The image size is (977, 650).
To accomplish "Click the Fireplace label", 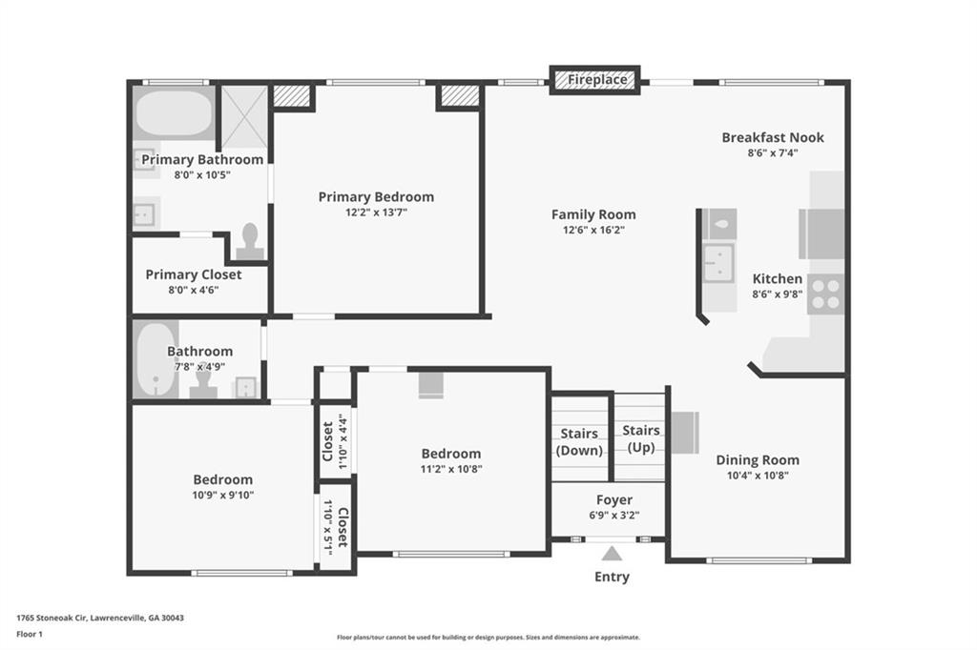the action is pyautogui.click(x=597, y=80).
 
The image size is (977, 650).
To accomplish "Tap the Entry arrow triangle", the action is pyautogui.click(x=612, y=554).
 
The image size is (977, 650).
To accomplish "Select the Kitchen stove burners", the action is pyautogui.click(x=825, y=294).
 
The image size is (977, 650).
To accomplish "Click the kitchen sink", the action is pyautogui.click(x=718, y=263).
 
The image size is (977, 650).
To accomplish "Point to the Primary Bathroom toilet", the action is pyautogui.click(x=250, y=241).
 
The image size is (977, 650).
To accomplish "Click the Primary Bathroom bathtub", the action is pyautogui.click(x=174, y=113).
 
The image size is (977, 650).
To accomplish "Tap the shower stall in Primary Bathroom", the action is pyautogui.click(x=244, y=117).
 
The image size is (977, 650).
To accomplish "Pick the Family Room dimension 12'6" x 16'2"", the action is pyautogui.click(x=593, y=230).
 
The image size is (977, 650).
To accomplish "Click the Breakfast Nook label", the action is pyautogui.click(x=773, y=137).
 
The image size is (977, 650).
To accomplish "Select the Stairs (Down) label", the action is pyautogui.click(x=579, y=442).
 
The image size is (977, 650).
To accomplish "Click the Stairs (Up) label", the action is pyautogui.click(x=640, y=438).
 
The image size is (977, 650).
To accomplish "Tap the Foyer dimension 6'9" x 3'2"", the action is pyautogui.click(x=614, y=515).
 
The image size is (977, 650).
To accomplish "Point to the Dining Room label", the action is pyautogui.click(x=758, y=460).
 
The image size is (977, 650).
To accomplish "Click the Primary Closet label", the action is pyautogui.click(x=193, y=274).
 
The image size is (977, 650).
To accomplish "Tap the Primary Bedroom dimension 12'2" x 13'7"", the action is pyautogui.click(x=376, y=213).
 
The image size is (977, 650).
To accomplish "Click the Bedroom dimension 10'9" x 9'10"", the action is pyautogui.click(x=223, y=495).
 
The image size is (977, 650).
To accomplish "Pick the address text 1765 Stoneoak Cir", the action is pyautogui.click(x=52, y=619).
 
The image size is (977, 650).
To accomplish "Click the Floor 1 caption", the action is pyautogui.click(x=30, y=635).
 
